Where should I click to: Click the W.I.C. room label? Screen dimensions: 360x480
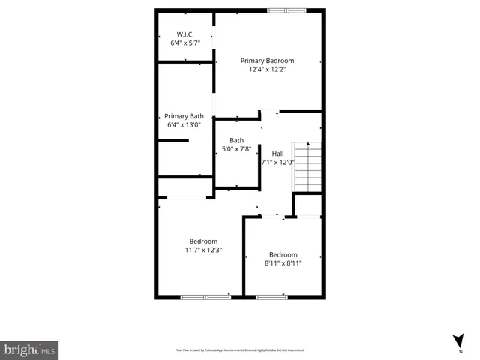coord(185,34)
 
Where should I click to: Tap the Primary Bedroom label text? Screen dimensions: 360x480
coord(267,60)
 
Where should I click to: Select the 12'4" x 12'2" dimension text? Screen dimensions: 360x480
coord(267,69)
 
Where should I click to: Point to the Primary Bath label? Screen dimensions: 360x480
coord(184,116)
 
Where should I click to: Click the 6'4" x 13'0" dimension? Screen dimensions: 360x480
coord(184,124)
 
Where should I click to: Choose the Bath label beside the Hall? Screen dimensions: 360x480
coord(236,140)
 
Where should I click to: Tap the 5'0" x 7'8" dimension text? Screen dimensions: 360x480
coord(236,149)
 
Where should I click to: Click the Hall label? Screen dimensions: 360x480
coord(277,153)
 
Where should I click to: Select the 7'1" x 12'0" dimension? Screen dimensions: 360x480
coord(277,162)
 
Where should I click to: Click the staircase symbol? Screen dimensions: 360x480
coord(307,167)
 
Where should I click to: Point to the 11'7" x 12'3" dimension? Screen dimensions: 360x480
coord(204,250)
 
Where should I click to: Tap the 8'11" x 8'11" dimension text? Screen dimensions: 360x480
coord(283,263)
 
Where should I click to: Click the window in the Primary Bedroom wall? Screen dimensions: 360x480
coord(287,10)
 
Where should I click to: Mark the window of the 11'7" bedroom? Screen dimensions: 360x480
coord(205,297)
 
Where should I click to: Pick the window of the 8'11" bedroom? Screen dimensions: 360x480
coord(271,297)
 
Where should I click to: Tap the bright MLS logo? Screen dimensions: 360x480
coord(29,349)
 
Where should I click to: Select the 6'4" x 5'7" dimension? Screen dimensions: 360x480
coord(185,43)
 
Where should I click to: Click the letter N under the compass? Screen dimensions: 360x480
coord(460,351)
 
